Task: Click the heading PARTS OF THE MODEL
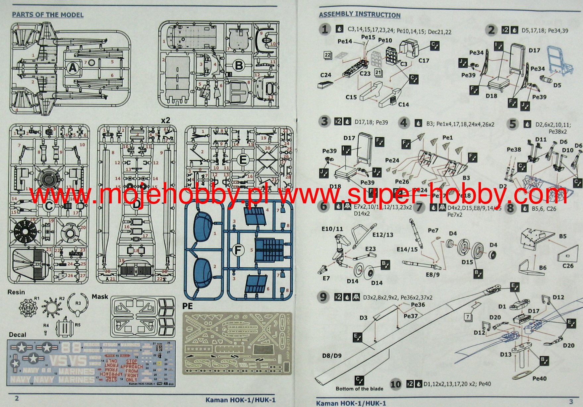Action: coord(47,15)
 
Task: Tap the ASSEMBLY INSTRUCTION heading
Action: coord(360,15)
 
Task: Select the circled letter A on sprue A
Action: coord(72,68)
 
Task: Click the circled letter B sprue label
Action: coord(239,65)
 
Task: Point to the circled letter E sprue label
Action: coord(243,160)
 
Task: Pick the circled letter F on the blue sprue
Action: coord(238,250)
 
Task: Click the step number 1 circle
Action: coord(325,30)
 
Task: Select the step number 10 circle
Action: coord(395,384)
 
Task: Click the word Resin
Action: coord(16,292)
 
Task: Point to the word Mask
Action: coord(100,297)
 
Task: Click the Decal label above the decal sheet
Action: coord(18,334)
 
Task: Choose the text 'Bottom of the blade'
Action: coord(359,388)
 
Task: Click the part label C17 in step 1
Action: coord(424,61)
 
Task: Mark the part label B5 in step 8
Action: coord(562,237)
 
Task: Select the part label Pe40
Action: coord(539,378)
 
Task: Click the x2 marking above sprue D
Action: coord(165,120)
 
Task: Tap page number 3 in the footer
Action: coord(571,402)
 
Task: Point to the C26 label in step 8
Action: coord(568,266)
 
